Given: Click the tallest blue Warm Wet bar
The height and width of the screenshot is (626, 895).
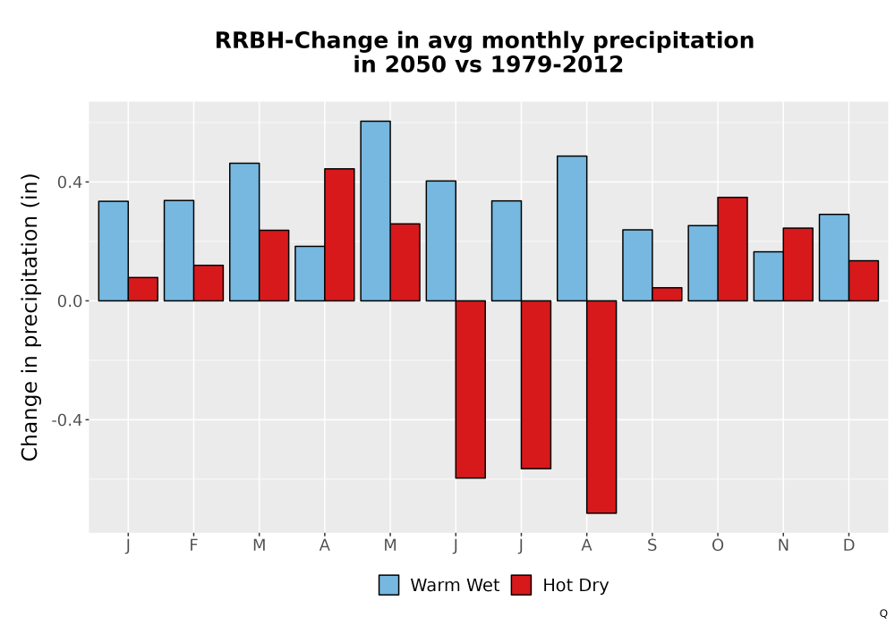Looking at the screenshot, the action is (376, 211).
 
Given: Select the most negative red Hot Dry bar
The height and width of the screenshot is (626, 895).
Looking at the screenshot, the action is (601, 407).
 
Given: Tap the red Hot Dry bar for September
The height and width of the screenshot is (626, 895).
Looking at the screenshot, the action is (668, 294).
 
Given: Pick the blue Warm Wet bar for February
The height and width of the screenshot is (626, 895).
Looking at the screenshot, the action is (179, 251).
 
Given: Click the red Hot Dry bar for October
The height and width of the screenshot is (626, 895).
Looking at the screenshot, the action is (733, 250).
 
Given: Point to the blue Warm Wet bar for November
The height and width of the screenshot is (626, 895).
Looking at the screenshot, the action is (768, 276).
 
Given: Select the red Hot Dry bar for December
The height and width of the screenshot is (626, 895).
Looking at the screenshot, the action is (864, 281).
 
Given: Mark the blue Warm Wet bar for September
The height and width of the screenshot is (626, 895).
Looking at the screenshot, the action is (637, 265).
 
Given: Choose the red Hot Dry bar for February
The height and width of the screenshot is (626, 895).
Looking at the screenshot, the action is (209, 283).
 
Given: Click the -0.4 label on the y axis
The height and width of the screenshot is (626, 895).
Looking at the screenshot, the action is (67, 420).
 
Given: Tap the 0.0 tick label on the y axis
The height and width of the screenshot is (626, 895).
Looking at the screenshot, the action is (70, 301).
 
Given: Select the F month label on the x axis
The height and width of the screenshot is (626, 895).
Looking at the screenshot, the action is (193, 546).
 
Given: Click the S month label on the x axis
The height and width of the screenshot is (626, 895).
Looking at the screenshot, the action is (652, 546).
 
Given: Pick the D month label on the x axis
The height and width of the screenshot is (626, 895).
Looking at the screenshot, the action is (848, 546).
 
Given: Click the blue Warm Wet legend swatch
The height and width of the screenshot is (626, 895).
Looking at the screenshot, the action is (388, 585).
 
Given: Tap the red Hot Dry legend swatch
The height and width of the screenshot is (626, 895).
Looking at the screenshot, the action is (521, 585).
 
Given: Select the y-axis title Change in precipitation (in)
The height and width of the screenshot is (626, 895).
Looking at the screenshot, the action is (30, 317).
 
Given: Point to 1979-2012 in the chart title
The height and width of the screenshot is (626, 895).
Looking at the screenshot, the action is (557, 64).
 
